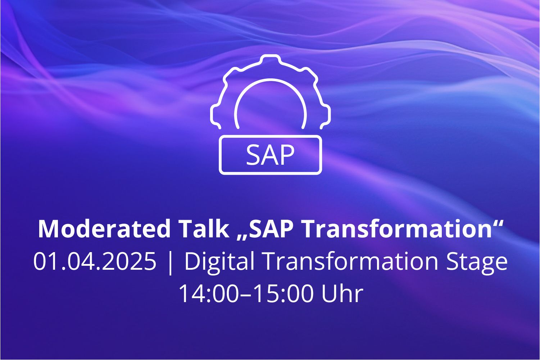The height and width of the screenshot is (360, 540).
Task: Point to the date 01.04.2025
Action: (x=95, y=261)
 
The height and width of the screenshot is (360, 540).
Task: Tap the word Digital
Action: (x=219, y=263)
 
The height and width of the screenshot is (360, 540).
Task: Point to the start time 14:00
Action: (x=209, y=293)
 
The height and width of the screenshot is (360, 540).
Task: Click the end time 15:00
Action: (x=285, y=293)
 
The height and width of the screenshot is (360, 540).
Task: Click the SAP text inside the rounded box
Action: (x=270, y=155)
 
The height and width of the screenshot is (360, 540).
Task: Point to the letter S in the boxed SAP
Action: (x=253, y=155)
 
